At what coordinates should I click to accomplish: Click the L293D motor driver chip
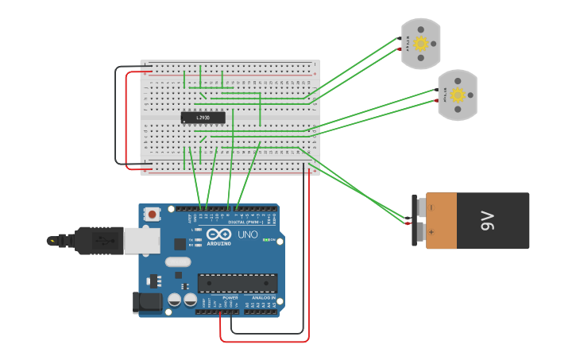pos(203,118)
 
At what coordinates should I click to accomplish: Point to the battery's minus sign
pos(431,207)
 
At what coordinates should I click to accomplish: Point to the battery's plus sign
pos(431,233)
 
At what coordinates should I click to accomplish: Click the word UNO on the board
pos(248,235)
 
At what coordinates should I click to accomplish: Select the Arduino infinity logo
pos(218,234)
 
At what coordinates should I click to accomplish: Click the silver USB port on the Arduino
pos(142,239)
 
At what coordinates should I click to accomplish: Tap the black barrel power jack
pos(149,302)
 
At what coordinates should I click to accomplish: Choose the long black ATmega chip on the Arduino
pos(238,283)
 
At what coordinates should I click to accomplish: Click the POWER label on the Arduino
pos(230,297)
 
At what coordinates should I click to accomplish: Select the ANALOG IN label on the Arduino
pos(263,297)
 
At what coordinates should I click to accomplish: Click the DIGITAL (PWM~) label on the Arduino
pos(245,222)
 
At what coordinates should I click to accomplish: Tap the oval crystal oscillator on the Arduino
pos(179,261)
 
